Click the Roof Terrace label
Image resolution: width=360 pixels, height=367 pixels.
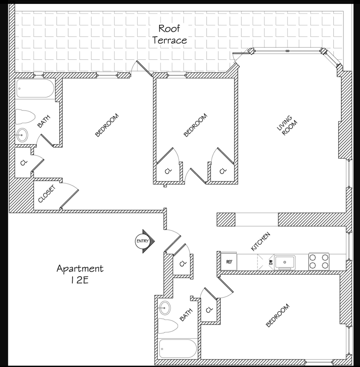coord(170,34)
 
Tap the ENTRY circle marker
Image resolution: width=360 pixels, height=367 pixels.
coord(142,241)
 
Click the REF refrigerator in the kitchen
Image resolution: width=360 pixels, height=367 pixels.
coord(229,261)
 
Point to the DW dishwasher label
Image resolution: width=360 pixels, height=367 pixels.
coord(271,262)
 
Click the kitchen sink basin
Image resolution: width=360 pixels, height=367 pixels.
coord(285,262)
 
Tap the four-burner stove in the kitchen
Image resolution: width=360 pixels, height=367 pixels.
coord(319,262)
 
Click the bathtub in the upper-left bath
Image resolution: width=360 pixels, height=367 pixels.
coord(35,89)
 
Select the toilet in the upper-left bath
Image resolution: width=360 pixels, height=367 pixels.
coord(25,116)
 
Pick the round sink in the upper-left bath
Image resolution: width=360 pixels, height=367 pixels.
coord(22,135)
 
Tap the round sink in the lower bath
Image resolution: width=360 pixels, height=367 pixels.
coord(165,308)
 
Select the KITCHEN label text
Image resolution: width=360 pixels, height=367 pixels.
coord(260,242)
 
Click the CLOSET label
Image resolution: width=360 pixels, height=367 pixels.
coord(47,194)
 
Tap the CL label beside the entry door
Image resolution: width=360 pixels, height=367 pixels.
coord(183,263)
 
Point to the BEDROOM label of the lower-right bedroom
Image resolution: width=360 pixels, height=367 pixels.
coord(278,315)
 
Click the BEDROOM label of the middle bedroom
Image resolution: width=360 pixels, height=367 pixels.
coord(195,125)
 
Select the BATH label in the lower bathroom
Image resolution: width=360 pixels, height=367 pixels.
coord(186,315)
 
